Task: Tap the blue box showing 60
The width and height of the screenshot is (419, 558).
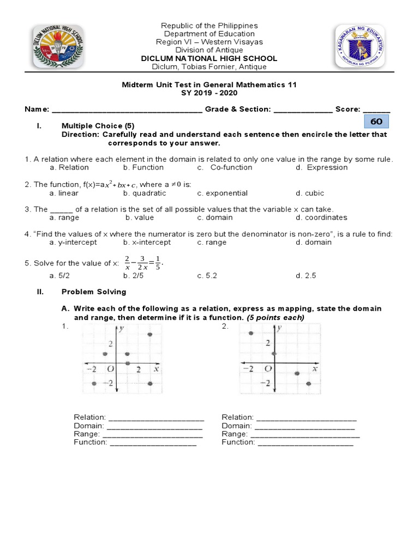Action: point(376,122)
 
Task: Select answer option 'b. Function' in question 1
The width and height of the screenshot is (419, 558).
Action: point(143,167)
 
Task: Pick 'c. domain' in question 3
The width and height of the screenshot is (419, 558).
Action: point(215,217)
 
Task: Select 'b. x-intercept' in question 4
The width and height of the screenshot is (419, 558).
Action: point(147,242)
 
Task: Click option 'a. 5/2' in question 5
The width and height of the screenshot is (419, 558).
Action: point(60,276)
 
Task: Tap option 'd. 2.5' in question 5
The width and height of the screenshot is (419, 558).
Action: point(306,276)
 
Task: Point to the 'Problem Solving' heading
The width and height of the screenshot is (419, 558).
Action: point(94,292)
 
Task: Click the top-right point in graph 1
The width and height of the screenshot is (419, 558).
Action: point(150,335)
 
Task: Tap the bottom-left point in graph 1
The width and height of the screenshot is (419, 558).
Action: point(94,384)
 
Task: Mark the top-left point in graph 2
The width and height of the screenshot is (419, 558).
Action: point(250,333)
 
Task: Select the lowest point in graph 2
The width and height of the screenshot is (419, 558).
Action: point(309,384)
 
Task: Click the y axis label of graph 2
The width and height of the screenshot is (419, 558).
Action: point(279,329)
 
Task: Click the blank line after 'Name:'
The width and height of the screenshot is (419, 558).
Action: point(127,110)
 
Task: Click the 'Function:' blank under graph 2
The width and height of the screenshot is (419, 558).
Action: point(306,442)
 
